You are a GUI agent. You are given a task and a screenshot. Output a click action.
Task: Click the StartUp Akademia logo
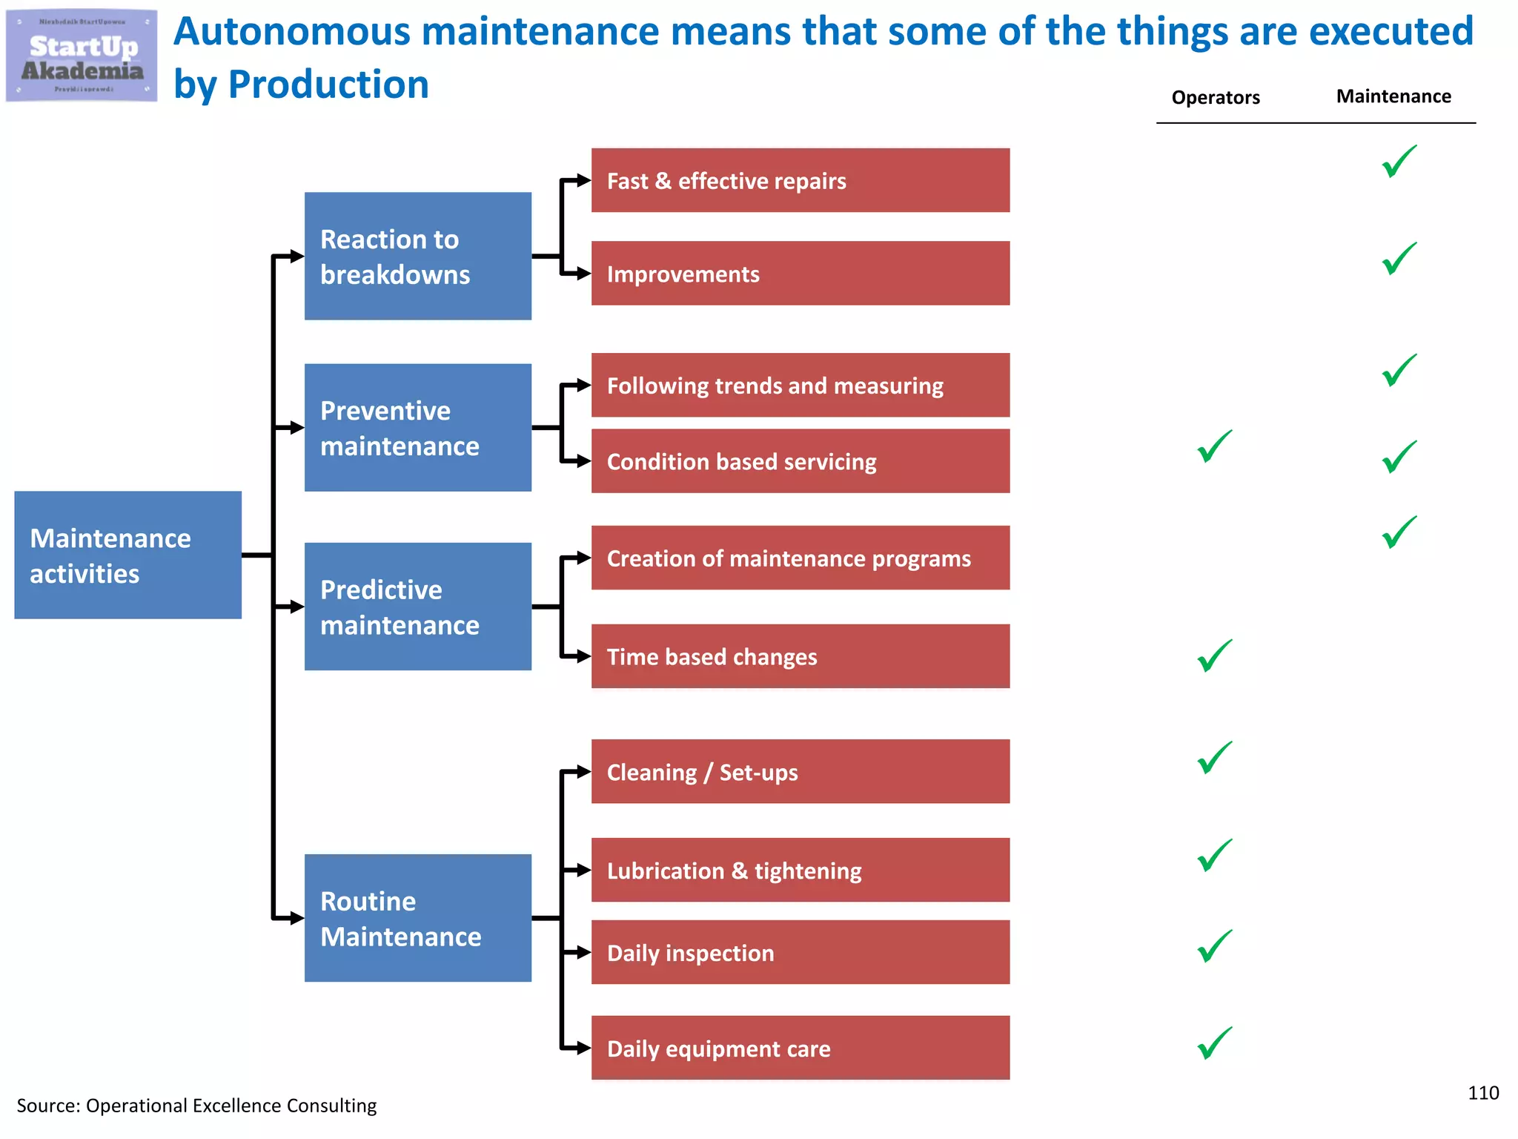(x=82, y=56)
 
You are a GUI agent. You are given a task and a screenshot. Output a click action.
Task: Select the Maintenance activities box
(x=127, y=555)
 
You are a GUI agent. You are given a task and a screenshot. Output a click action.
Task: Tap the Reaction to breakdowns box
(x=417, y=256)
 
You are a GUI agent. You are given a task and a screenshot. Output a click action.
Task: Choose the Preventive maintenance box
(x=417, y=427)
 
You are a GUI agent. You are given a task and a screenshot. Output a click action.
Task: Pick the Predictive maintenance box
(x=417, y=607)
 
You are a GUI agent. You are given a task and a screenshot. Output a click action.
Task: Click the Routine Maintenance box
(x=417, y=918)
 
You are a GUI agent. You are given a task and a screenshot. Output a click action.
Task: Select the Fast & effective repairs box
(x=800, y=180)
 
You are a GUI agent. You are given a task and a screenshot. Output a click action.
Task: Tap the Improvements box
(x=800, y=273)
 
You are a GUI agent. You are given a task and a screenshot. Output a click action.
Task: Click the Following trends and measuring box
(x=800, y=385)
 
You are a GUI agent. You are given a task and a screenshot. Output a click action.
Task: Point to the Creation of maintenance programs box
(x=800, y=558)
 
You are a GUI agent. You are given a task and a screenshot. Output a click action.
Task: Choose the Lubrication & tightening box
(x=800, y=870)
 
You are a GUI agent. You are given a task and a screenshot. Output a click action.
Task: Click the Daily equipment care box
(x=800, y=1048)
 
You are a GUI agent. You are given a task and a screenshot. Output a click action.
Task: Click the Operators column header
(x=1216, y=97)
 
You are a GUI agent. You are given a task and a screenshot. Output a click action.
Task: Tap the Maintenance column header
(x=1393, y=96)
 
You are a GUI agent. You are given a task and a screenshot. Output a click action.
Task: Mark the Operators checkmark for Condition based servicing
(x=1214, y=447)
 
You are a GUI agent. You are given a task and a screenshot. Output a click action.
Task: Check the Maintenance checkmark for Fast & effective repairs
(x=1399, y=162)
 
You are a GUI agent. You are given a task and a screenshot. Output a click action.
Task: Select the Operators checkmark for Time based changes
(x=1214, y=656)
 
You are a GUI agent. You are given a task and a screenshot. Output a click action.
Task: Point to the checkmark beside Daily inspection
(x=1214, y=947)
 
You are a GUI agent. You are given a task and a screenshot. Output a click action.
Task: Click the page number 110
(x=1483, y=1093)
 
